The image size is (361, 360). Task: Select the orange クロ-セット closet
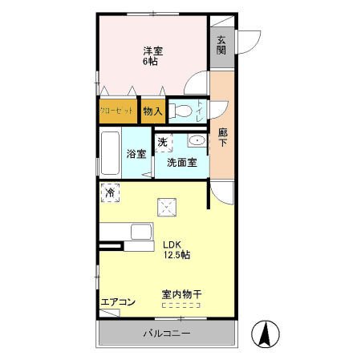coord(116,111)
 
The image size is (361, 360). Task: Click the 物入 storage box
coord(152,111)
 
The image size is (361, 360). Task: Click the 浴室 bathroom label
coord(136,154)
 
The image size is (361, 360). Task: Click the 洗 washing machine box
coord(162,143)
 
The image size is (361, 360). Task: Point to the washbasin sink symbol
coord(196,142)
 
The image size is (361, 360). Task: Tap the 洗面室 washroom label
coord(182,162)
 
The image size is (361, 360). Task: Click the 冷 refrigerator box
coord(109,192)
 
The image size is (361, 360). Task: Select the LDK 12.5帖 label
coord(176,250)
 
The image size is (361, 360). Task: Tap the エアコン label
coord(118,302)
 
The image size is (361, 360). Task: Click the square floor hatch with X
coord(166,208)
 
